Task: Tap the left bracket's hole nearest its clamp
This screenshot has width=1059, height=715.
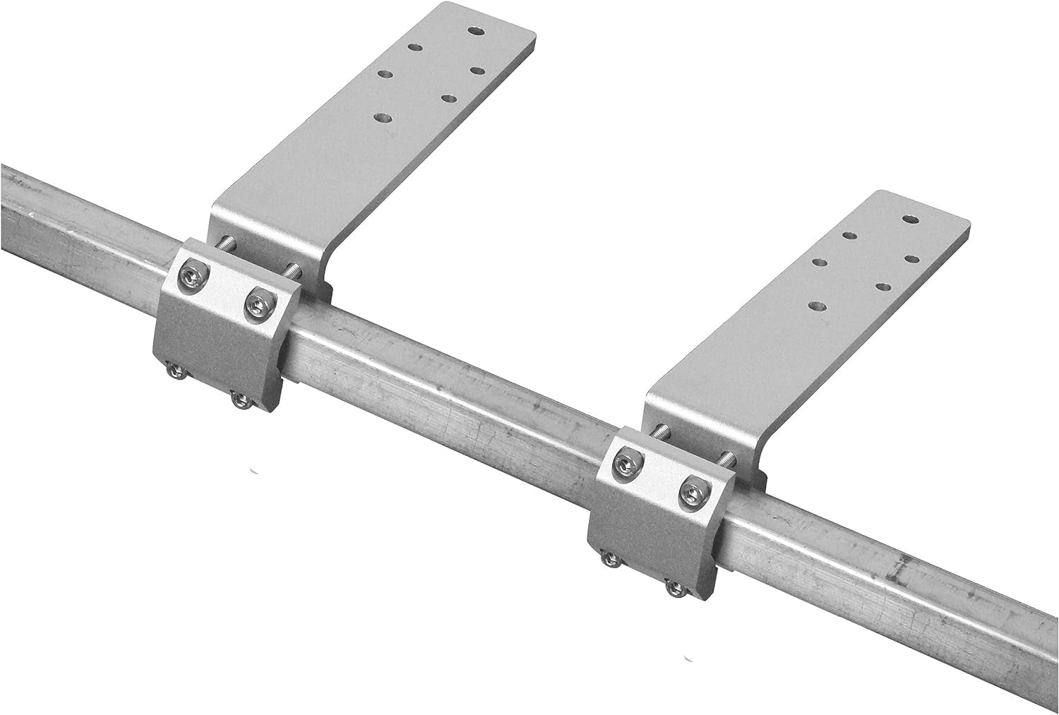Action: [383, 118]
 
